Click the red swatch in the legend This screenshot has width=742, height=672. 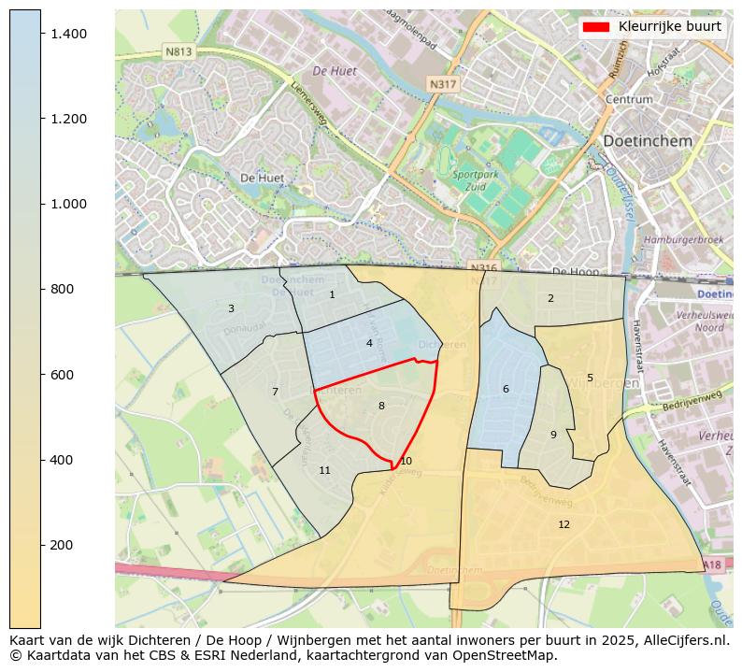pos(595,27)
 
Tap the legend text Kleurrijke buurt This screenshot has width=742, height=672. pos(669,27)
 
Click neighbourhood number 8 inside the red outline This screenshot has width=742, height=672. pos(381,406)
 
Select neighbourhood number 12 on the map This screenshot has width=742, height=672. pos(564,524)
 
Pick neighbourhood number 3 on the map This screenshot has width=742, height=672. pos(231,308)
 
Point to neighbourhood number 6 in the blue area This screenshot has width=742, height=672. pos(506,389)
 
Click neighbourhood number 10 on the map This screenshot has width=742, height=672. pos(406,461)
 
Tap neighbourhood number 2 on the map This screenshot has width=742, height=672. pos(550,298)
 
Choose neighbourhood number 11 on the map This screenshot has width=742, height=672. pos(324,470)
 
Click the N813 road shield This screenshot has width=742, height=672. pos(178,52)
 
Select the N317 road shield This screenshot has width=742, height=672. pos(443,84)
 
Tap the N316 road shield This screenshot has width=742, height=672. pos(483,268)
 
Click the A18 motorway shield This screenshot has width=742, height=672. pos(711,565)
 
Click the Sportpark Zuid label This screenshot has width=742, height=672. pos(475,180)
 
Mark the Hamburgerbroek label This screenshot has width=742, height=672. pos(684,240)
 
